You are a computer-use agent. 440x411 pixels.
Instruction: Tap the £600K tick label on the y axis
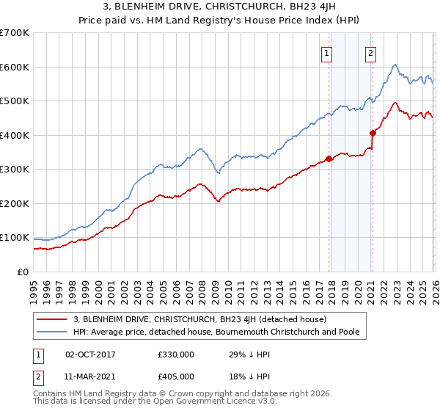coord(15,67)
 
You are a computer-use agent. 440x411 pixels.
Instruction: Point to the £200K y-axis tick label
coord(15,203)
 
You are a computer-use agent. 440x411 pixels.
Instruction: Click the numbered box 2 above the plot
coord(371,52)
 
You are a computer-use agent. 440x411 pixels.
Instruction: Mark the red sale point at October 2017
coord(329,159)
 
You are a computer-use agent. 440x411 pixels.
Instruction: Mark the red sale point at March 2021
coord(373,134)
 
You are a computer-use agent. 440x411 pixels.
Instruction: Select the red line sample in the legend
coord(52,319)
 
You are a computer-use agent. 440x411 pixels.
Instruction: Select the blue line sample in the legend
coord(52,332)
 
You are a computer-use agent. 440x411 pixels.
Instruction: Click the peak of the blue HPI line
coord(395,65)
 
